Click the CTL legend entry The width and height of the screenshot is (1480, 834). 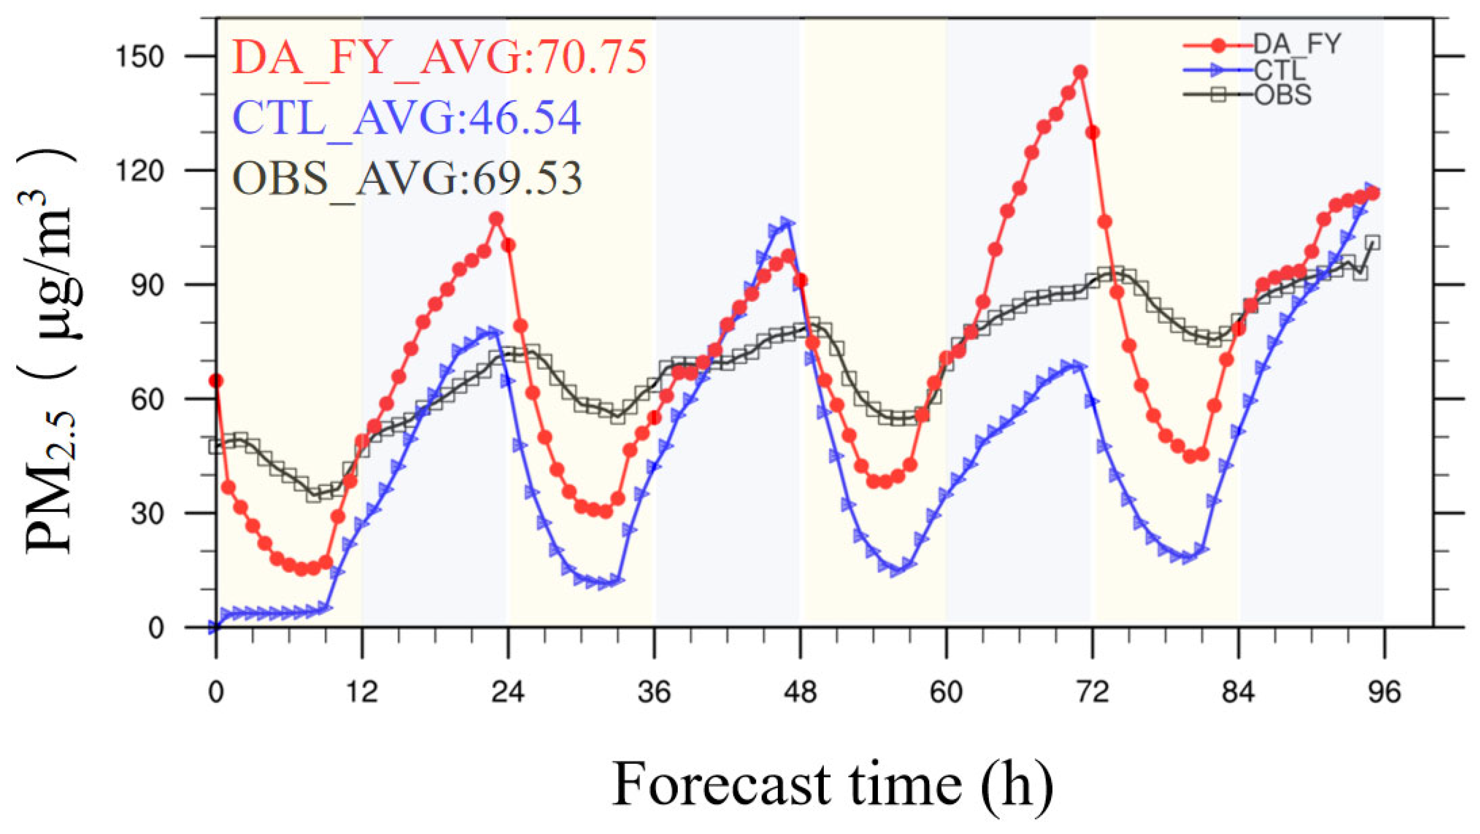click(x=1247, y=70)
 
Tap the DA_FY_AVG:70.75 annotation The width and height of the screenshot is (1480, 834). click(x=440, y=58)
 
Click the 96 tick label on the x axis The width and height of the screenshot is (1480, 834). click(x=1384, y=693)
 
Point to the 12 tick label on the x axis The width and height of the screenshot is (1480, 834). click(x=362, y=693)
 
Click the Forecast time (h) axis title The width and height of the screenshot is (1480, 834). click(x=833, y=785)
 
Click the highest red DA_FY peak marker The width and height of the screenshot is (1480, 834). click(x=1080, y=72)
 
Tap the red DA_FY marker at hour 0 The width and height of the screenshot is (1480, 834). click(x=216, y=380)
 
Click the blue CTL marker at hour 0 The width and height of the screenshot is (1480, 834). click(x=215, y=627)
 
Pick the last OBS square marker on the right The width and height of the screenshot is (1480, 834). click(x=1372, y=242)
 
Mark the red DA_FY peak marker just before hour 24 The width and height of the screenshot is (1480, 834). click(x=497, y=219)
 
